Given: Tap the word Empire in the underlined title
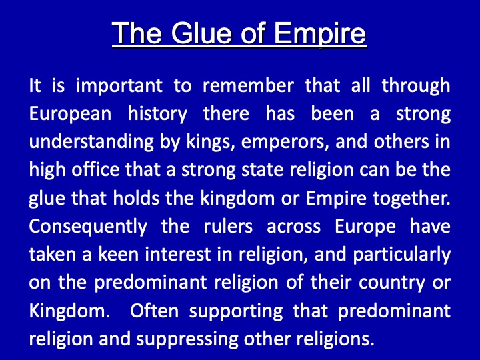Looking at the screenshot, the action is [320, 34].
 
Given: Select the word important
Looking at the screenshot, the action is [119, 86].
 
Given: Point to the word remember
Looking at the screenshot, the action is [248, 85].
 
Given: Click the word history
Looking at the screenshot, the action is [157, 114].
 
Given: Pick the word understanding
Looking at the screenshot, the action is [91, 142].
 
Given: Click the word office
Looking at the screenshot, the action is [95, 169].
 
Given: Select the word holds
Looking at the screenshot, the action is [136, 198].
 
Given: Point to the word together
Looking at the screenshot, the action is [411, 199].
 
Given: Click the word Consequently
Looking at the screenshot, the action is [88, 227].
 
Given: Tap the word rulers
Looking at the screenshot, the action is [228, 226].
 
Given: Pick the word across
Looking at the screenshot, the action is [293, 227].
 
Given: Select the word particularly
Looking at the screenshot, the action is [401, 255].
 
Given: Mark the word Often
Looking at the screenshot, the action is [154, 311].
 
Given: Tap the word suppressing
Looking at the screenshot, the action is [187, 340].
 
